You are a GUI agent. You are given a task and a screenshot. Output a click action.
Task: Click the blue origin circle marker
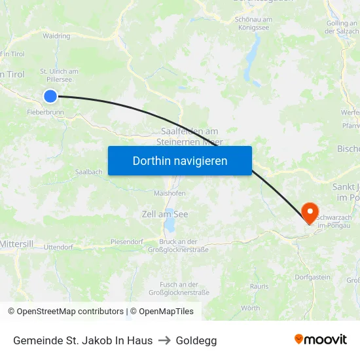point(50,96)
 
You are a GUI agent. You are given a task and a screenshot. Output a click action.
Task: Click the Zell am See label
point(165,214)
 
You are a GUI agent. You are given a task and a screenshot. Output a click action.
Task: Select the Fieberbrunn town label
point(46,113)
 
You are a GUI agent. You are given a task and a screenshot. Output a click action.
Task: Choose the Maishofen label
point(169,194)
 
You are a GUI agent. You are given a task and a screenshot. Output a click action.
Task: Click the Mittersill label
point(16,243)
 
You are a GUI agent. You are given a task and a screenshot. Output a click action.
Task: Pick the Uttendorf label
point(58,247)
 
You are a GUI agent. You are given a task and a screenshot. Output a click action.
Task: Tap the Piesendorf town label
point(127,242)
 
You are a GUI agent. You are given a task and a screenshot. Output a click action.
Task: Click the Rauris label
point(259,286)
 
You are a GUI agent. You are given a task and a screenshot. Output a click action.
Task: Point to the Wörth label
point(251,308)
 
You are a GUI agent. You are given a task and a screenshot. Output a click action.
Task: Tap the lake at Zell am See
point(170,226)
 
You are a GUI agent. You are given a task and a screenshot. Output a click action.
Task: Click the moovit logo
point(321,340)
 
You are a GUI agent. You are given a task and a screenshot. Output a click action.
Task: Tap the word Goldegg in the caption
point(196,340)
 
